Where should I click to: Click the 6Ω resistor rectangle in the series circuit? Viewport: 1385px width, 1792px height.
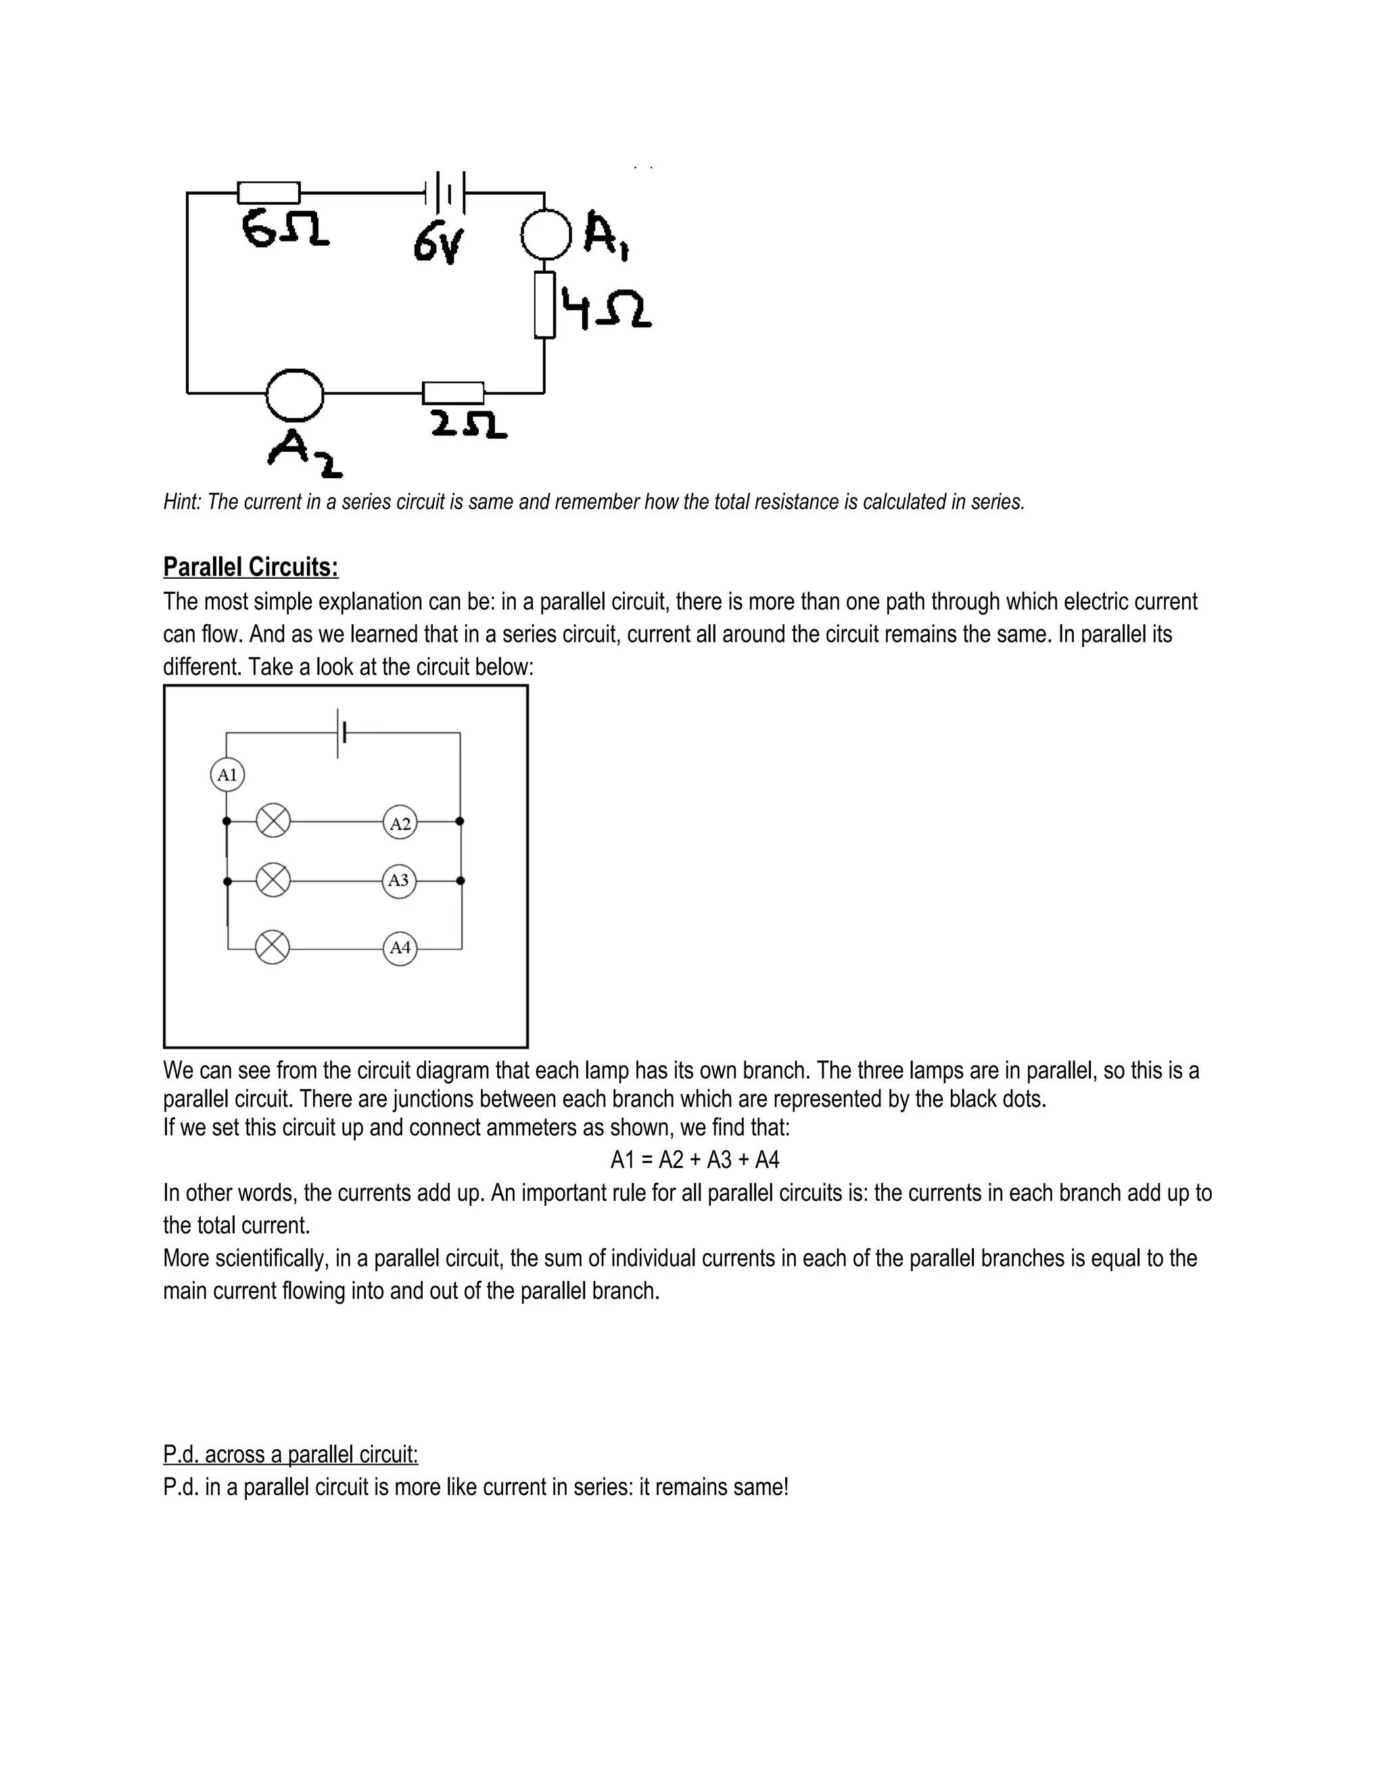[x=268, y=193]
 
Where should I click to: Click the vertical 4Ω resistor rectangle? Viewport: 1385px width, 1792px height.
[x=544, y=305]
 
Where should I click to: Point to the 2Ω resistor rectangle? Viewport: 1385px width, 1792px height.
[x=453, y=393]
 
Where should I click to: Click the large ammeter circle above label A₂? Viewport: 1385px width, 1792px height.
[x=295, y=394]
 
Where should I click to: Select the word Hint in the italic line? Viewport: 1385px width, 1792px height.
[x=181, y=502]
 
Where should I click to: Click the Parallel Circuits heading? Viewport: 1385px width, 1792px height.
[x=250, y=567]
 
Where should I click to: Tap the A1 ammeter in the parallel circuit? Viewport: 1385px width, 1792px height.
[x=227, y=774]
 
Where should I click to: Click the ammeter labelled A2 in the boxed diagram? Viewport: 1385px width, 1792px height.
[x=400, y=823]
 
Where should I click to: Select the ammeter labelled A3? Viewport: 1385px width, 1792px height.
[x=399, y=881]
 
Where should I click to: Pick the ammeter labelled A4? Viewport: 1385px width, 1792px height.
[x=400, y=949]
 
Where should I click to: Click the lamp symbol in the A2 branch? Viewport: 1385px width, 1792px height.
[x=273, y=820]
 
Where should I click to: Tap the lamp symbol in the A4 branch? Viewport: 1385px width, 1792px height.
[x=273, y=947]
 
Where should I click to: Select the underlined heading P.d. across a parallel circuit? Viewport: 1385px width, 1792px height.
[x=290, y=1454]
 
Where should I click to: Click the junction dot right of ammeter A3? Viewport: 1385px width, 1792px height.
[x=461, y=880]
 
